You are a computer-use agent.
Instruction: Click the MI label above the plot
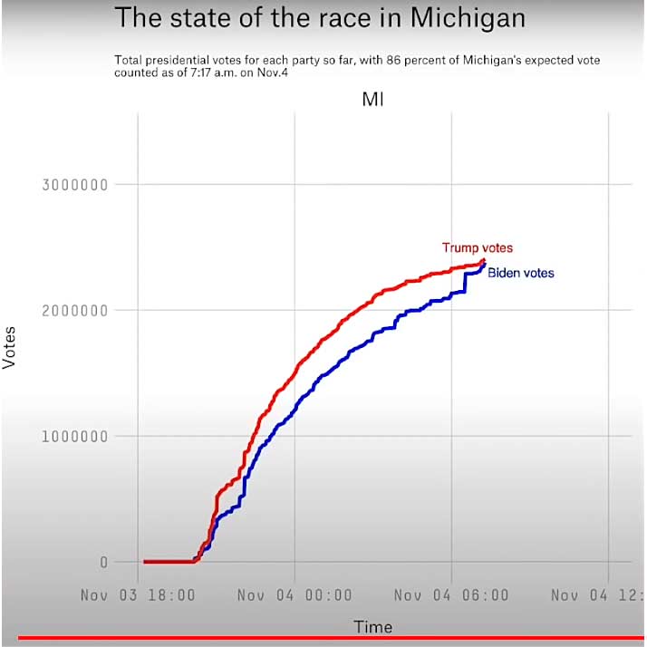pos(372,100)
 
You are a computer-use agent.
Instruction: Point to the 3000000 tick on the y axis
pos(75,185)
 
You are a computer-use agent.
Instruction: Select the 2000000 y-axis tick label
pos(75,311)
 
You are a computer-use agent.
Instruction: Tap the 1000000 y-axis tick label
pos(75,436)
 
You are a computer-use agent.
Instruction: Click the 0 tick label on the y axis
pos(103,562)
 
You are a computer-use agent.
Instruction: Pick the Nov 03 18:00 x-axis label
pos(138,595)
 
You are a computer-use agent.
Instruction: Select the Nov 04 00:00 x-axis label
pos(295,595)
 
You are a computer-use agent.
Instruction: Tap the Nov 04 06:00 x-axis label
pos(451,595)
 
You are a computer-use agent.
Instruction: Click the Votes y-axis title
pos(10,347)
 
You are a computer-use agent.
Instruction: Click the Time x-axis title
pos(372,627)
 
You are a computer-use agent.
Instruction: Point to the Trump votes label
pos(478,247)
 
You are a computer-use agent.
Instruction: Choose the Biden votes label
pos(521,273)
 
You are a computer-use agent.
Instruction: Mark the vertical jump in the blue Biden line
pos(465,282)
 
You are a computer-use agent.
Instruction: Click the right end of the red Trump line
pos(485,262)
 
